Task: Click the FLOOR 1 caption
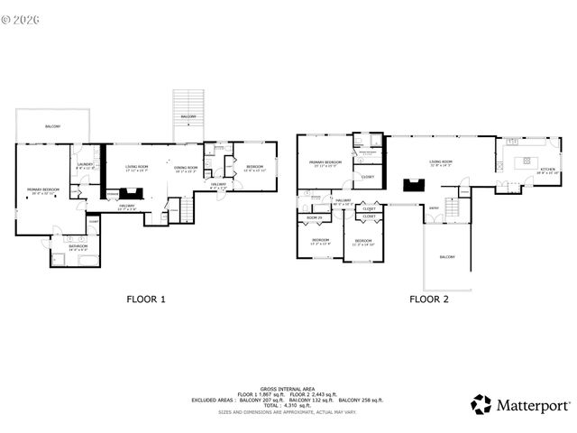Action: (x=143, y=298)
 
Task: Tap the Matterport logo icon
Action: (x=482, y=404)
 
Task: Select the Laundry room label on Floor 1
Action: (x=86, y=165)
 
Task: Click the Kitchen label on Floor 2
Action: (x=547, y=170)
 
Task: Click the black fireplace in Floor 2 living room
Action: (x=415, y=186)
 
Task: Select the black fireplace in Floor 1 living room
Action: (x=132, y=191)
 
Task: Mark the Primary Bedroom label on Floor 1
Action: (x=41, y=190)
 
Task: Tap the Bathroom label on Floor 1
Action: (x=77, y=246)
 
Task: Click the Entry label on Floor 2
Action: (x=434, y=207)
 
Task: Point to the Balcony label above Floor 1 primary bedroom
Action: (x=53, y=126)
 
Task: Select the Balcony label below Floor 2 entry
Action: (x=447, y=257)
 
